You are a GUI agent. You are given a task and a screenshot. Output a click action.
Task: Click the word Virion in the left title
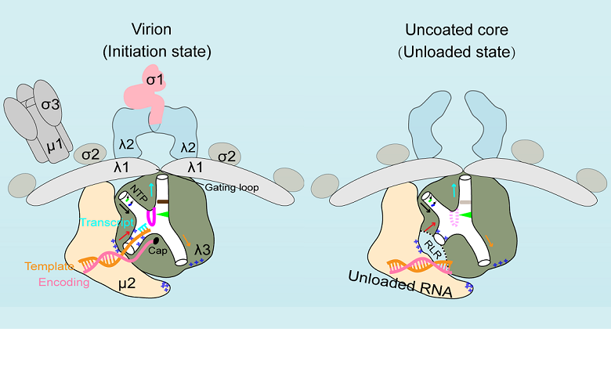(x=157, y=30)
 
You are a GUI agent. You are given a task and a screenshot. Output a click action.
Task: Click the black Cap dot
(x=157, y=240)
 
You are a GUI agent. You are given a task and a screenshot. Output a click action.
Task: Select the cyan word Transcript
(x=107, y=223)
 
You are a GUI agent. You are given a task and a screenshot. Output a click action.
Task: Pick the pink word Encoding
(x=64, y=282)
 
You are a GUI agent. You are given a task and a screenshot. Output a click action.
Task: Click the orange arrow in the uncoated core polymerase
(x=488, y=240)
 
